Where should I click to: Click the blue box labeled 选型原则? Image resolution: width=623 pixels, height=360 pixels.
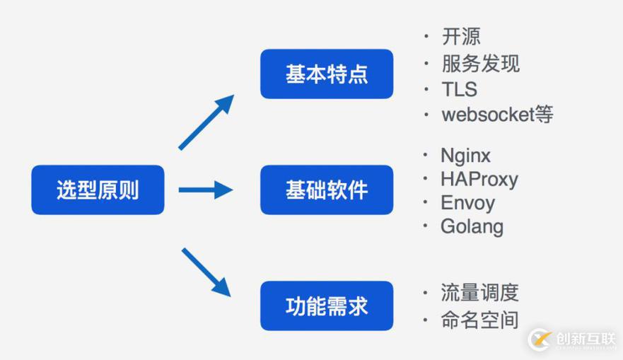(x=98, y=190)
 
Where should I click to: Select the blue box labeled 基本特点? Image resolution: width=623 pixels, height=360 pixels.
(x=326, y=74)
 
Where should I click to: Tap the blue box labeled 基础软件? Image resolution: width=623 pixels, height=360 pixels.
(x=326, y=190)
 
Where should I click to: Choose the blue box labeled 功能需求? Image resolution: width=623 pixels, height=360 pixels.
(x=326, y=306)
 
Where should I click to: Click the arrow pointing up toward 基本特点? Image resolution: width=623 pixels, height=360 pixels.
(x=206, y=122)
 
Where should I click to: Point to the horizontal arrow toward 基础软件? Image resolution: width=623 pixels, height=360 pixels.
(x=205, y=190)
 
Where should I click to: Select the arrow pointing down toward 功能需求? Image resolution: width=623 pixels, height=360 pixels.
(x=206, y=272)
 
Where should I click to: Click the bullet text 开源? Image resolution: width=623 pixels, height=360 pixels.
(x=461, y=37)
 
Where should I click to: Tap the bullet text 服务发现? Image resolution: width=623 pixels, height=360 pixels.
(x=480, y=64)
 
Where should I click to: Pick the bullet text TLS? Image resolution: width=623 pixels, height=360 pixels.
(x=459, y=89)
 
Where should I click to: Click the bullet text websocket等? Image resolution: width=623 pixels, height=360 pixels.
(x=497, y=115)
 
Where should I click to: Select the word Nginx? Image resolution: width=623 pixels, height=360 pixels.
(x=465, y=156)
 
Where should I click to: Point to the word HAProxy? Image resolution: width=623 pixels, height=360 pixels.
(x=479, y=179)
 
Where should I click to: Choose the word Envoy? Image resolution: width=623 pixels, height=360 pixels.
(x=467, y=203)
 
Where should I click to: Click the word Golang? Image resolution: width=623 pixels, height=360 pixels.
(x=472, y=227)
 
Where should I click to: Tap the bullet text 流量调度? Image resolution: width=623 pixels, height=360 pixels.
(x=479, y=292)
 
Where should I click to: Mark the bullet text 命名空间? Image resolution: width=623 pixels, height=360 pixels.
(x=479, y=320)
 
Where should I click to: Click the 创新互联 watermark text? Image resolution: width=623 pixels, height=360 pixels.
(x=586, y=338)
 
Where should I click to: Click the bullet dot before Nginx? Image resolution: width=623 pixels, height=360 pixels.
(x=426, y=155)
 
